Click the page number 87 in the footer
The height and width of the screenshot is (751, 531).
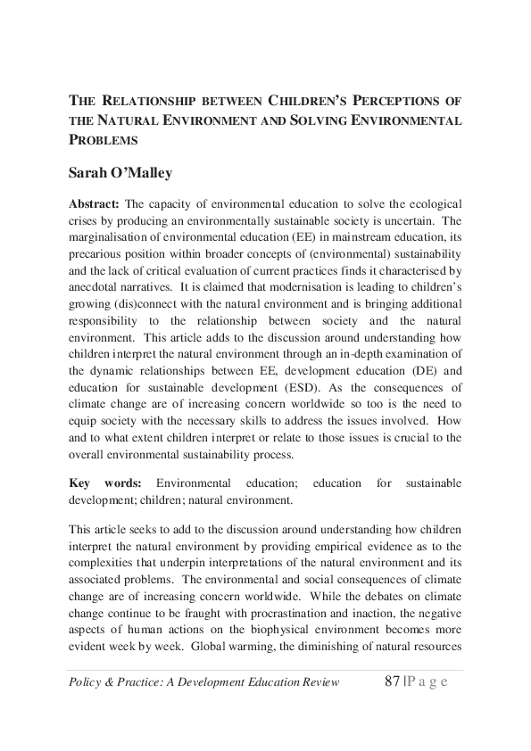[387, 682]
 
